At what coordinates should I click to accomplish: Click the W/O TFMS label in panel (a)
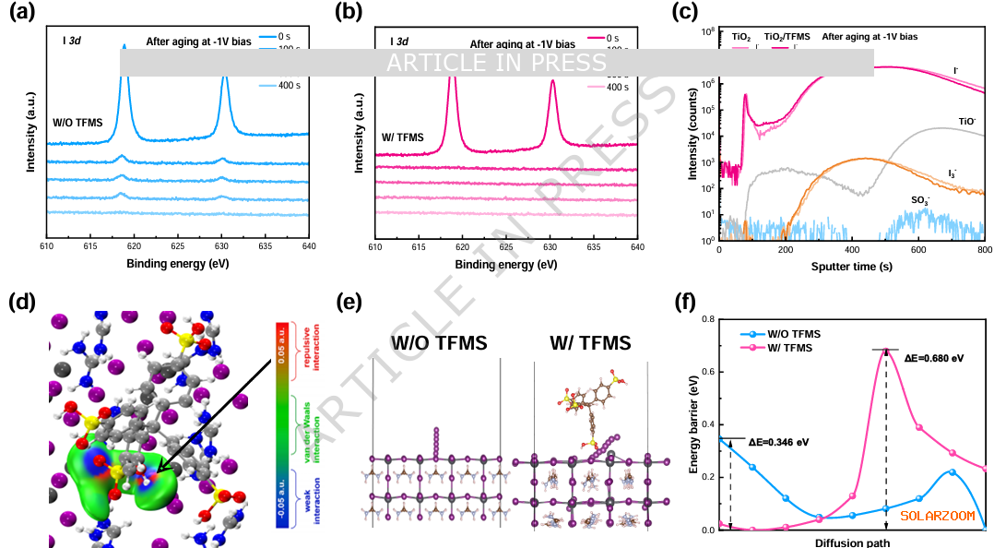point(77,123)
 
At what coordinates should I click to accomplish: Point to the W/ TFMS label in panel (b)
point(403,137)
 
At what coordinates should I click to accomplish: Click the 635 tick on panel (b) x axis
point(593,247)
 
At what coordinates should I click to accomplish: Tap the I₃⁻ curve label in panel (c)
point(953,173)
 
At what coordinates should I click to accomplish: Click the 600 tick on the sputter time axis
point(917,250)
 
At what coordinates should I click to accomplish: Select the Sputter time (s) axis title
point(851,266)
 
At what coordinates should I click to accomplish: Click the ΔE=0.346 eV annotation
point(778,443)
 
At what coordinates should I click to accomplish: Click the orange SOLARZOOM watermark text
point(937,516)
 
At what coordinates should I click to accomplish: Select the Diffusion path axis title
point(853,542)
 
